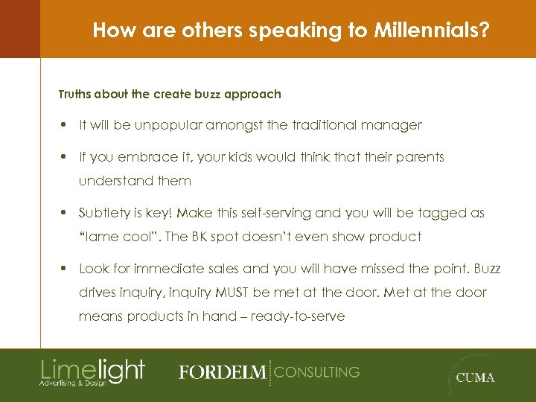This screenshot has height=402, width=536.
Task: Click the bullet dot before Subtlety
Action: point(66,213)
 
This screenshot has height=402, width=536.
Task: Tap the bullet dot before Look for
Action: point(66,269)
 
